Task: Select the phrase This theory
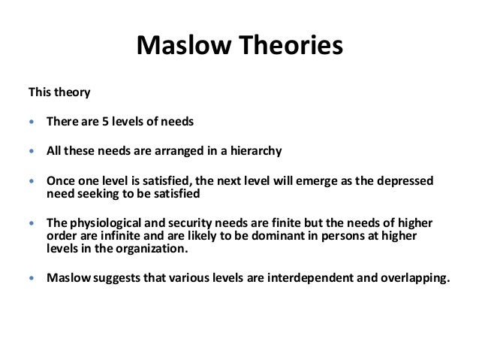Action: (59, 93)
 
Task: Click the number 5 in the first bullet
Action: (106, 121)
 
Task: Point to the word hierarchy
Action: (255, 150)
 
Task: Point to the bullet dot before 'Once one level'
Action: (31, 181)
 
